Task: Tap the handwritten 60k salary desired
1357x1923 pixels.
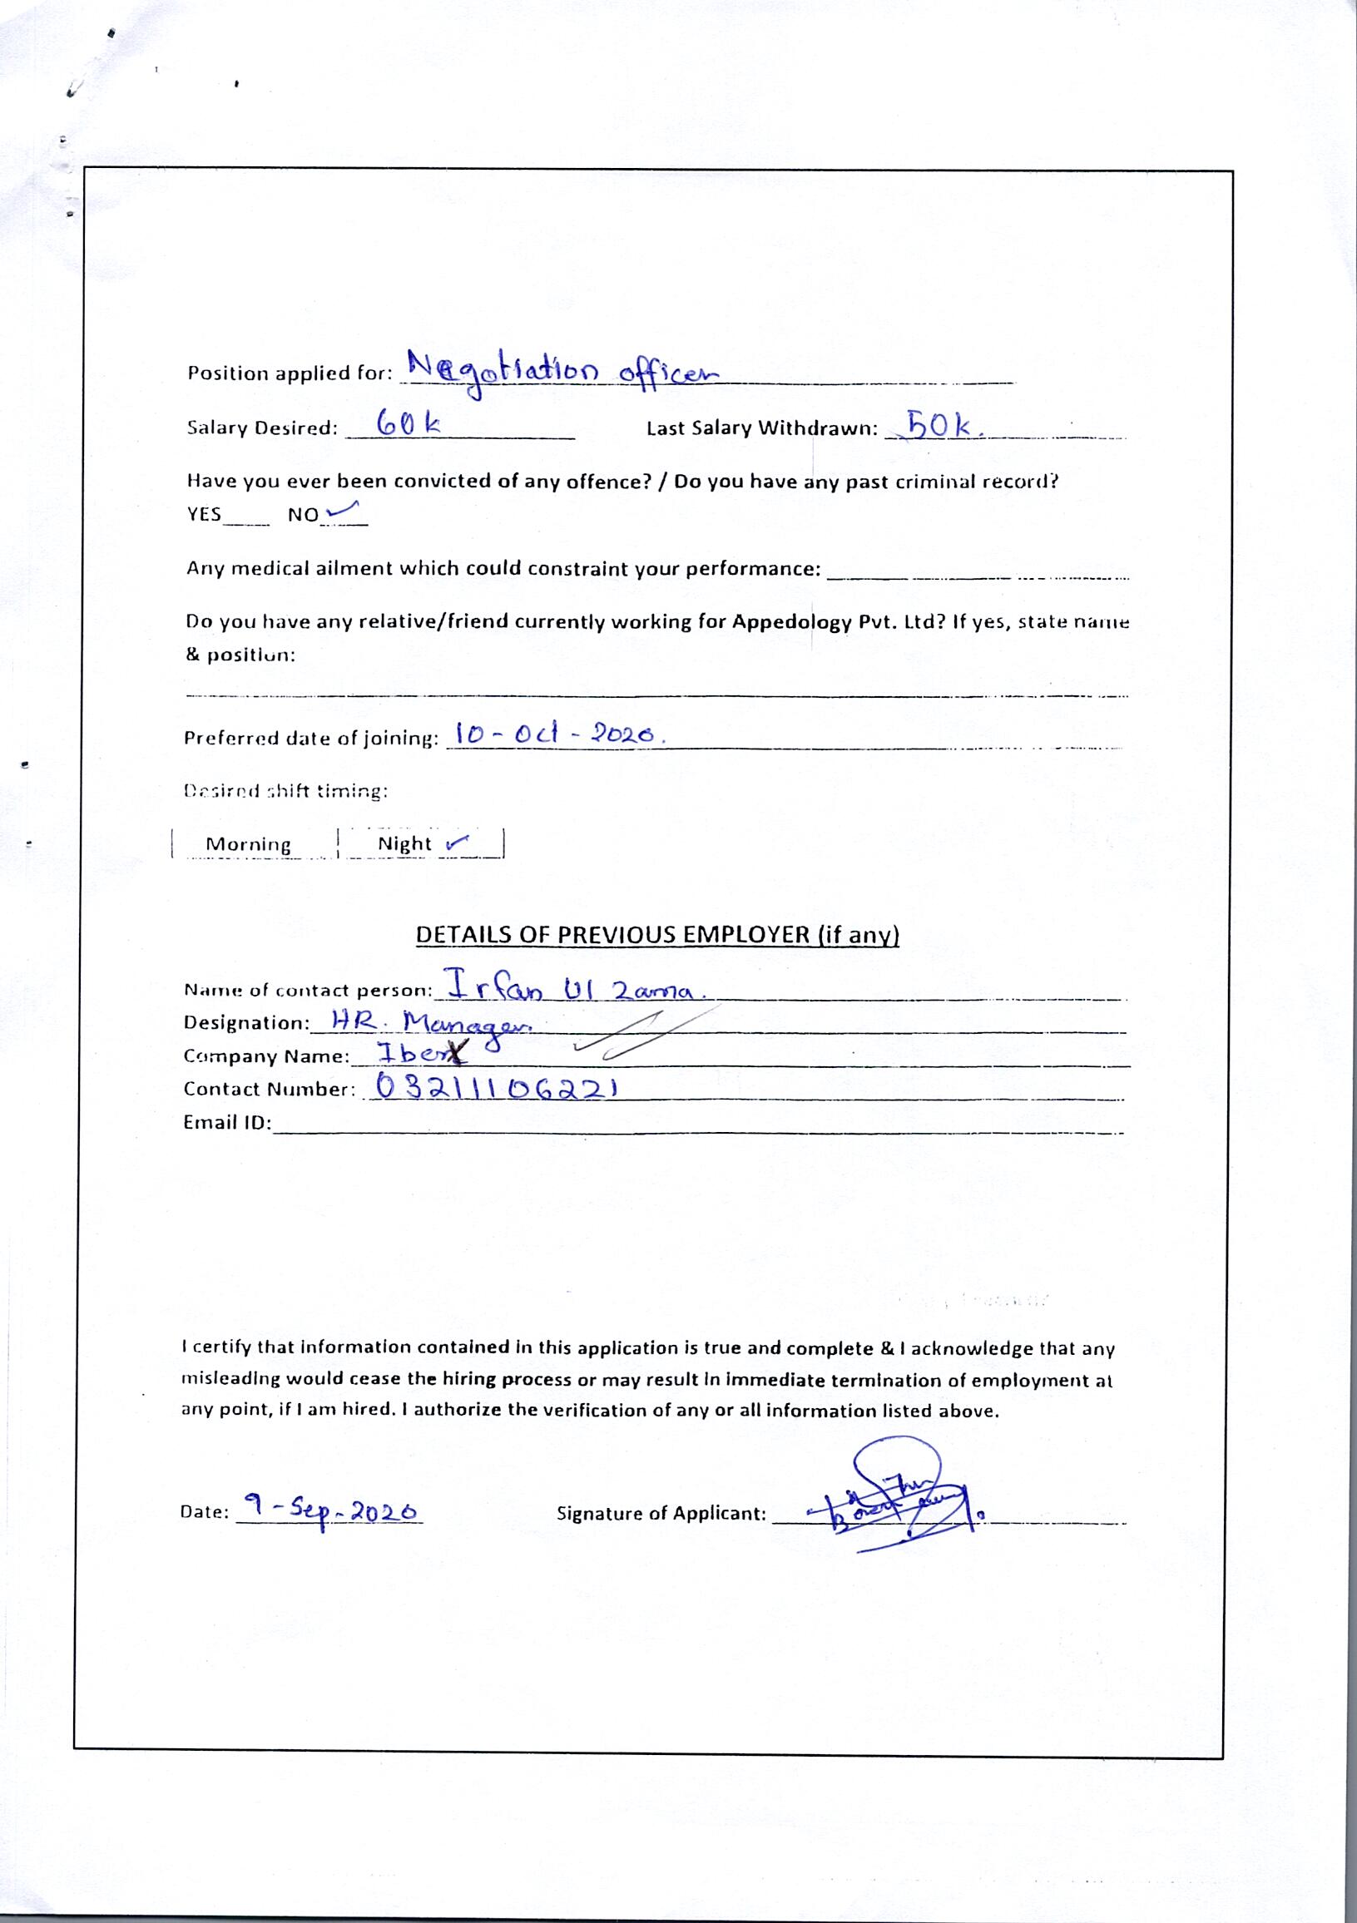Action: pyautogui.click(x=408, y=424)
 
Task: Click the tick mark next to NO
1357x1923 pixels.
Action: pyautogui.click(x=345, y=507)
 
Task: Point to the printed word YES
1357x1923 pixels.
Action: pyautogui.click(x=205, y=514)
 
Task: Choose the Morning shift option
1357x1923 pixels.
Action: pyautogui.click(x=248, y=844)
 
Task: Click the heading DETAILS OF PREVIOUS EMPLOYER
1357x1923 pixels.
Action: pyautogui.click(x=657, y=935)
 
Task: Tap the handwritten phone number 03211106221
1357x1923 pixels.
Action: pyautogui.click(x=498, y=1088)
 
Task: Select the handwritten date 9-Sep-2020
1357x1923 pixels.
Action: pyautogui.click(x=330, y=1510)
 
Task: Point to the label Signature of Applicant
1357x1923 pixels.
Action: pyautogui.click(x=661, y=1515)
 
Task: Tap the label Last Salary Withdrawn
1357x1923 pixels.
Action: pyautogui.click(x=761, y=429)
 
